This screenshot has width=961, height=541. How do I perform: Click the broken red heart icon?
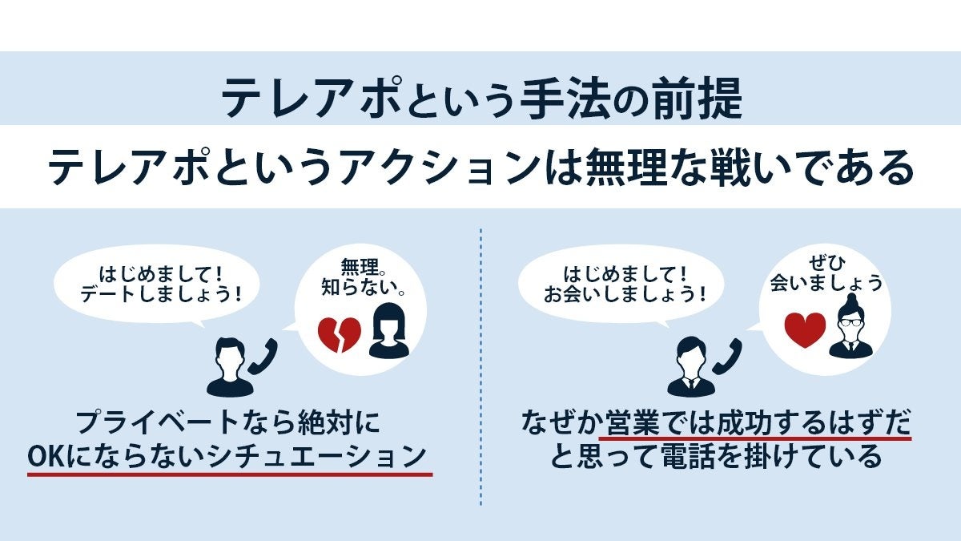pos(340,334)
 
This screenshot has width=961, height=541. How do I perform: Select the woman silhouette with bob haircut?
pos(388,330)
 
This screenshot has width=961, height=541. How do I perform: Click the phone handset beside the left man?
pos(262,357)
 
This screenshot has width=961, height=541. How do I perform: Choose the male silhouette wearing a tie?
pos(690,366)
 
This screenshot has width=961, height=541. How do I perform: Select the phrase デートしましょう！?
pos(161,293)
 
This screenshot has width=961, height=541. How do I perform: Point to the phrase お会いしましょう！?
pos(625,293)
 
